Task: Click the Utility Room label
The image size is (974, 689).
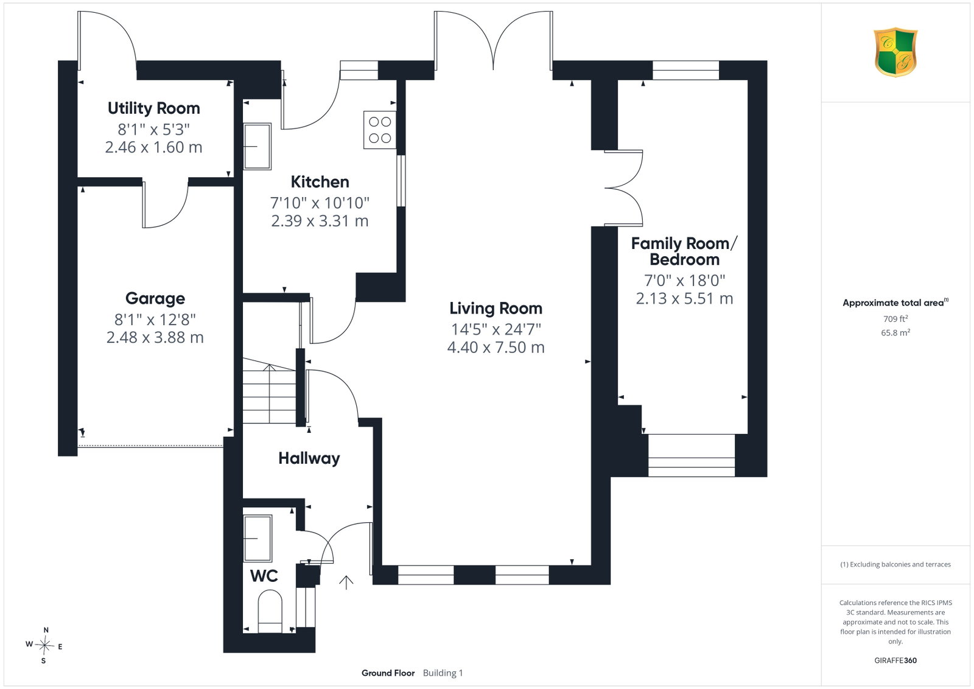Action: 154,108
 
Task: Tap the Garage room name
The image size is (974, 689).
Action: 155,299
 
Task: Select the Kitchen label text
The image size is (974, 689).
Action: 320,182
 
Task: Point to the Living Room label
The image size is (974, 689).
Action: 496,309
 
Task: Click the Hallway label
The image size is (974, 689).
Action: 309,458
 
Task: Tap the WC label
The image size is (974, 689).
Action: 264,576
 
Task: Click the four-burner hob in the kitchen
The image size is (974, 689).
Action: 380,130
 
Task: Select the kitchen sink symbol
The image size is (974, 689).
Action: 258,146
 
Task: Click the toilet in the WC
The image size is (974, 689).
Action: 270,611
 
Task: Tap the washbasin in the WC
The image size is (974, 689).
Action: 258,538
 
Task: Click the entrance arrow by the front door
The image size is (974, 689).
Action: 346,582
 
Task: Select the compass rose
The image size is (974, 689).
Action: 44,646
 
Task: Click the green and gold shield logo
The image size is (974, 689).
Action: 895,52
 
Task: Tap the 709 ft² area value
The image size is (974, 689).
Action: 895,319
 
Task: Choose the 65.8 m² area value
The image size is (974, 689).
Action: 895,332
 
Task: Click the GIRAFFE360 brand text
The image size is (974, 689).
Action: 895,660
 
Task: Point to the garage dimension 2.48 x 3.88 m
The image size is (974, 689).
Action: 155,337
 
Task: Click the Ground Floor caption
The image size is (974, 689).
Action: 388,673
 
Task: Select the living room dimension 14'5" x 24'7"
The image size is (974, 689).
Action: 496,329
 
